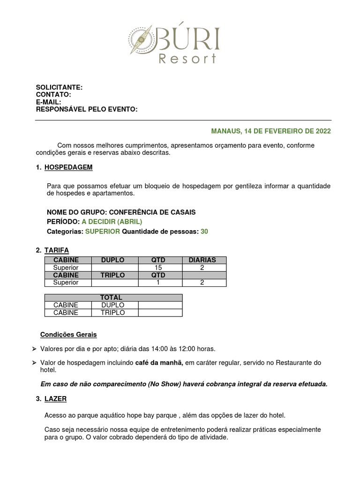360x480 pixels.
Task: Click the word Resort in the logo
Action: [x=187, y=59]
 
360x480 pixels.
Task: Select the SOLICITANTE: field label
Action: [x=59, y=88]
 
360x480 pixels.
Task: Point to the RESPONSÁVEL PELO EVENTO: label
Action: [x=87, y=109]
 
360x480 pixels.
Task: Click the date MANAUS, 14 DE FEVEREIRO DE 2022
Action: [x=271, y=131]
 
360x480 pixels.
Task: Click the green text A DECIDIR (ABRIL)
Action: [x=112, y=222]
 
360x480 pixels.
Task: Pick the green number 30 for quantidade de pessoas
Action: [x=204, y=232]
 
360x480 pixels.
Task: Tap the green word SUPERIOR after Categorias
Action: [x=102, y=232]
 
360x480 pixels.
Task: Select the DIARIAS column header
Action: [x=202, y=260]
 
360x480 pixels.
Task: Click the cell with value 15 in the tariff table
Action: [x=158, y=267]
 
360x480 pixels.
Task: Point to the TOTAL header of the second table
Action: [x=113, y=298]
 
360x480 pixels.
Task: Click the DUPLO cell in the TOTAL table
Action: [x=113, y=305]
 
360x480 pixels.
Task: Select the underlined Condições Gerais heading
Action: [x=68, y=334]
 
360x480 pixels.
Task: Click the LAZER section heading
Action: [x=55, y=399]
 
